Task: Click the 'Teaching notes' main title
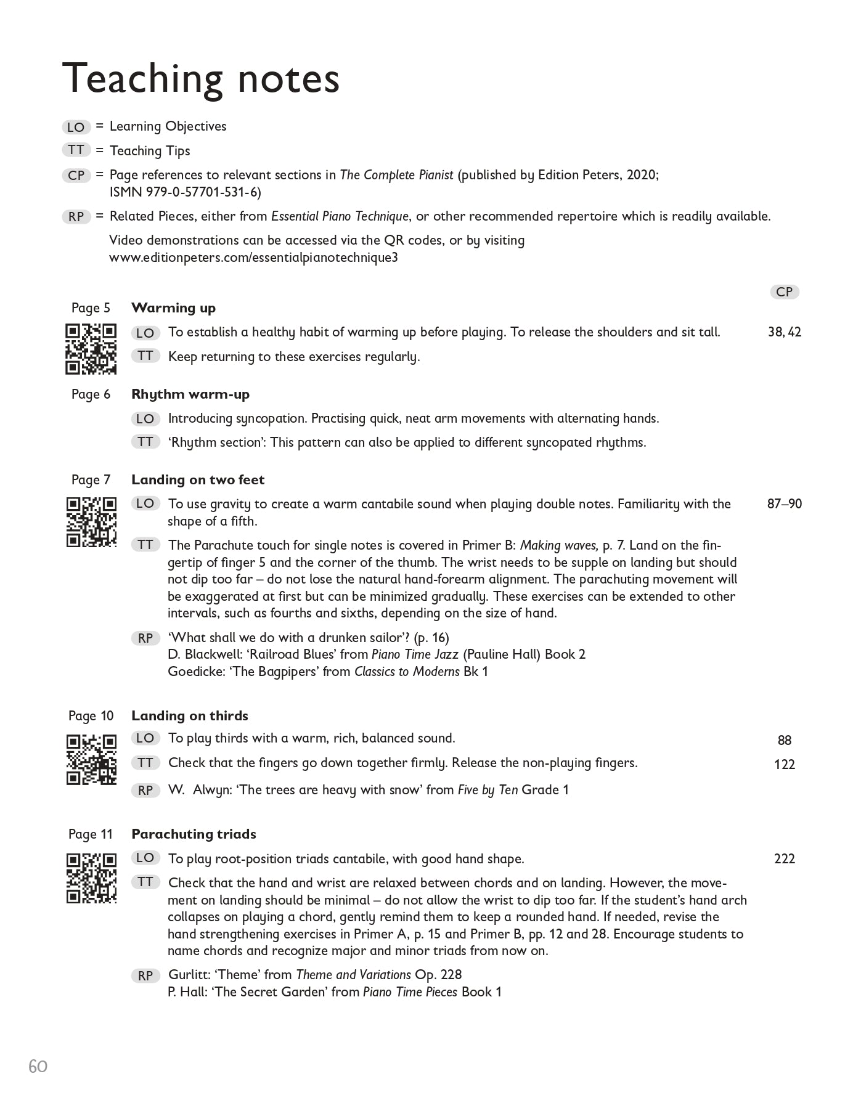pyautogui.click(x=201, y=79)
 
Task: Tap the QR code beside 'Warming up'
pyautogui.click(x=91, y=349)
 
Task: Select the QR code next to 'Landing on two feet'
pyautogui.click(x=91, y=522)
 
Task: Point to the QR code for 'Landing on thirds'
pyautogui.click(x=91, y=759)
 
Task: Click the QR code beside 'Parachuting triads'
pyautogui.click(x=91, y=878)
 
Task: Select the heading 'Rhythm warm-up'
pyautogui.click(x=190, y=394)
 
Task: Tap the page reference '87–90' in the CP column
pyautogui.click(x=784, y=504)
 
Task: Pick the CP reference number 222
pyautogui.click(x=784, y=858)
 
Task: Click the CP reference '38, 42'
pyautogui.click(x=784, y=332)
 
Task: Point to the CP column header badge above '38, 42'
pyautogui.click(x=784, y=292)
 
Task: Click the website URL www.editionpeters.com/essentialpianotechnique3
pyautogui.click(x=253, y=258)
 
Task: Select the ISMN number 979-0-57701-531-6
pyautogui.click(x=185, y=192)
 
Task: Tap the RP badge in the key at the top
pyautogui.click(x=76, y=217)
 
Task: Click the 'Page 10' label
pyautogui.click(x=91, y=716)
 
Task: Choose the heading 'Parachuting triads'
pyautogui.click(x=194, y=834)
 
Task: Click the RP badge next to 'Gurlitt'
pyautogui.click(x=145, y=976)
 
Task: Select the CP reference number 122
pyautogui.click(x=784, y=765)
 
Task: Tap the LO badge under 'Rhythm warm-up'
pyautogui.click(x=145, y=419)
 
